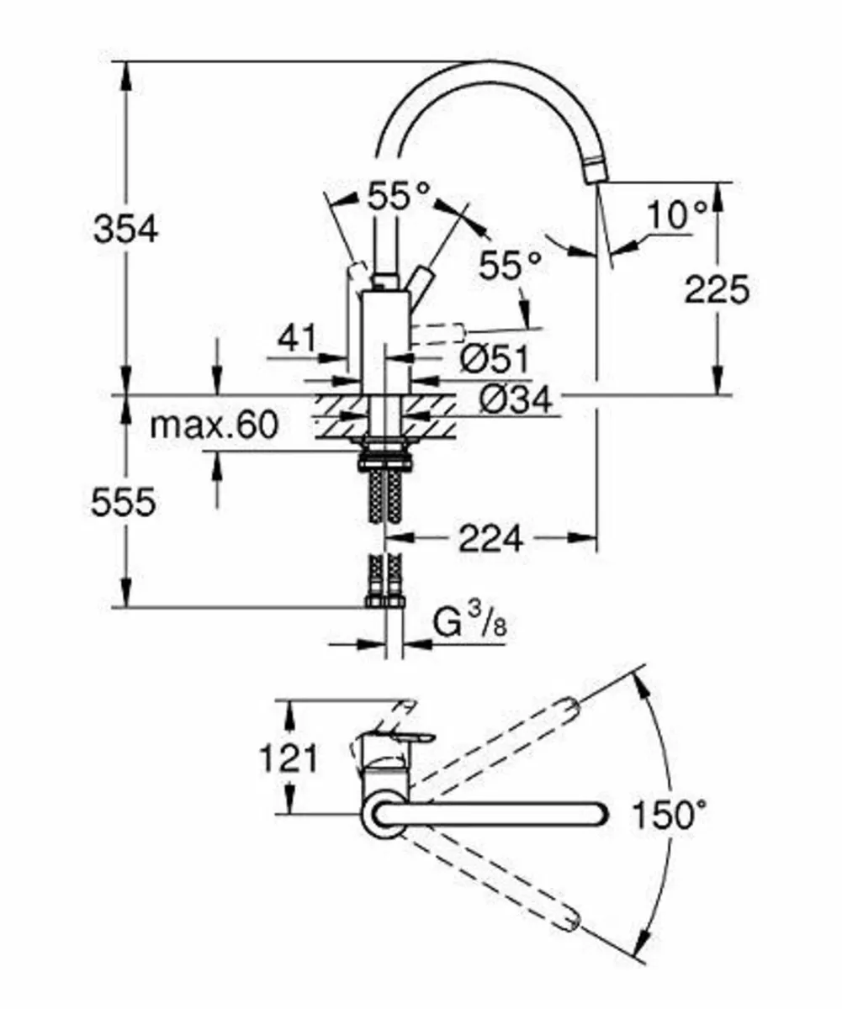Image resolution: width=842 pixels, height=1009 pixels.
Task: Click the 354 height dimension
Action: tap(125, 229)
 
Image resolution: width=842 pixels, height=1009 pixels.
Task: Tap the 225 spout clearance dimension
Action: tap(716, 291)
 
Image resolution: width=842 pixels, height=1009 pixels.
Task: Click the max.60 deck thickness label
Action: tap(214, 426)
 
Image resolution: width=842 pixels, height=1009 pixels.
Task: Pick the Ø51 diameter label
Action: tap(495, 360)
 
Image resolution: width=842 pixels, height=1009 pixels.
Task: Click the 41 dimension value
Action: tap(299, 339)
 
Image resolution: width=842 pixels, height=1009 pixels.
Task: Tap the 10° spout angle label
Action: tap(678, 217)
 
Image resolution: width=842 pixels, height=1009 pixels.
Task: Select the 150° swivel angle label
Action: tap(669, 815)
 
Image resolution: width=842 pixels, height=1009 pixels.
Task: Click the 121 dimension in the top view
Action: tap(288, 758)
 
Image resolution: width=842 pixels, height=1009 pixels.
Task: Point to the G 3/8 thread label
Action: tap(471, 624)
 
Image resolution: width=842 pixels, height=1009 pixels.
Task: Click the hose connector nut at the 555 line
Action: tap(384, 601)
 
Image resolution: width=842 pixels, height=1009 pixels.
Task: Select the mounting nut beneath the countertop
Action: tap(384, 459)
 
